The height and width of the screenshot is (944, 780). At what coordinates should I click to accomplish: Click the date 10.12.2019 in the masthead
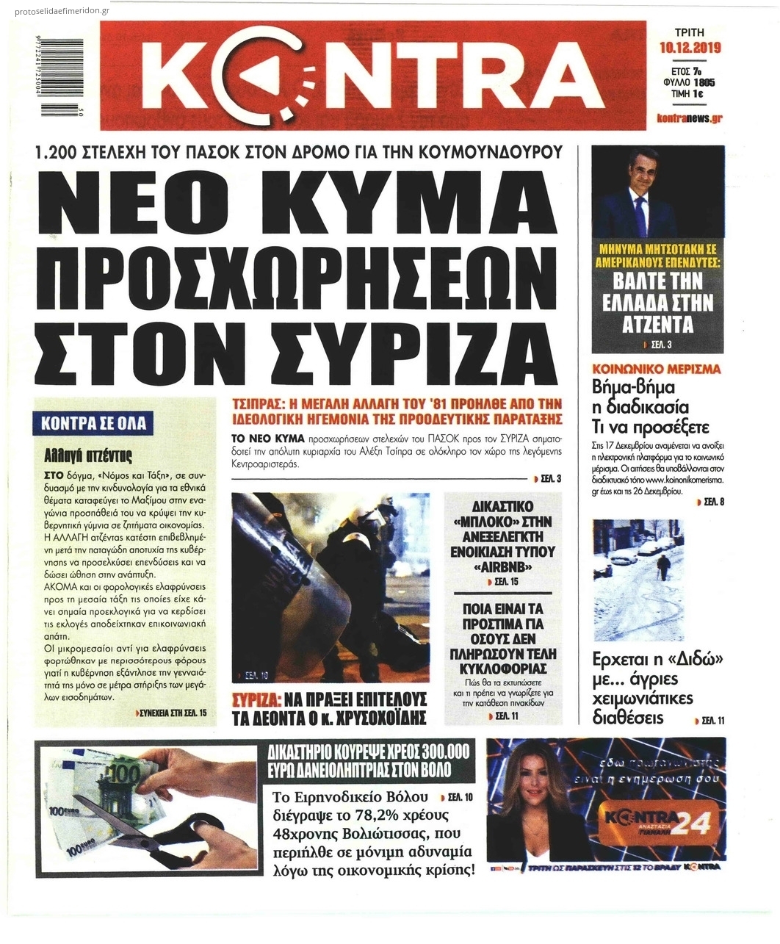pos(690,48)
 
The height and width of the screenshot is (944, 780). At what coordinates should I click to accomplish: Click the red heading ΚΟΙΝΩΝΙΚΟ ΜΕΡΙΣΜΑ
pos(657,369)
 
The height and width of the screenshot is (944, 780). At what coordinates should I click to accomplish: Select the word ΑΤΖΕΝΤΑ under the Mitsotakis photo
pos(657,324)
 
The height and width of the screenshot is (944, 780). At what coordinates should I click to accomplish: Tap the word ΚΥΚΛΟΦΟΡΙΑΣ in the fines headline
pos(502,669)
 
